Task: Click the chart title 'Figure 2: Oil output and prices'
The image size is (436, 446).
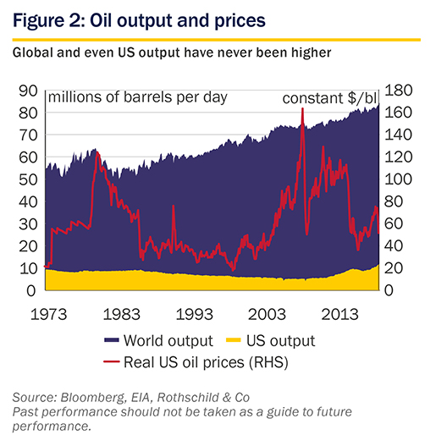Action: pyautogui.click(x=139, y=20)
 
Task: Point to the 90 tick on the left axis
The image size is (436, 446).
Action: pyautogui.click(x=28, y=91)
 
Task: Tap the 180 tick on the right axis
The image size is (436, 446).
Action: pyautogui.click(x=398, y=91)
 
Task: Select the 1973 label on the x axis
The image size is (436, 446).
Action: pyautogui.click(x=48, y=315)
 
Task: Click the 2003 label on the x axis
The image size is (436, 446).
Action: pyautogui.click(x=267, y=315)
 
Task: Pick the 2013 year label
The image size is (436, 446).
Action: pyautogui.click(x=339, y=315)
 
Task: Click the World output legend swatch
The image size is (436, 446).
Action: pyautogui.click(x=111, y=340)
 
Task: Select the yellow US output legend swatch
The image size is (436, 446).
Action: pyautogui.click(x=234, y=340)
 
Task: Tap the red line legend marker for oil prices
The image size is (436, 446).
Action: pyautogui.click(x=111, y=361)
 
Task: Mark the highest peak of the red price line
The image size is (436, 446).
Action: pyautogui.click(x=302, y=108)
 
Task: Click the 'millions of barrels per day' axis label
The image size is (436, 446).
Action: pyautogui.click(x=138, y=97)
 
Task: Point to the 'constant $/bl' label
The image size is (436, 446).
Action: pyautogui.click(x=329, y=98)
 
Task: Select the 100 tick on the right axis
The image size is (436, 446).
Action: pyautogui.click(x=398, y=179)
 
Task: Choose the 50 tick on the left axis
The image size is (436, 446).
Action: pyautogui.click(x=28, y=179)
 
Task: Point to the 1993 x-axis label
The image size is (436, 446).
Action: pyautogui.click(x=195, y=315)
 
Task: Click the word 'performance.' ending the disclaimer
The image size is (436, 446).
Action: pyautogui.click(x=52, y=427)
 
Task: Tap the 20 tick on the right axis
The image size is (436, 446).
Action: pyautogui.click(x=394, y=268)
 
